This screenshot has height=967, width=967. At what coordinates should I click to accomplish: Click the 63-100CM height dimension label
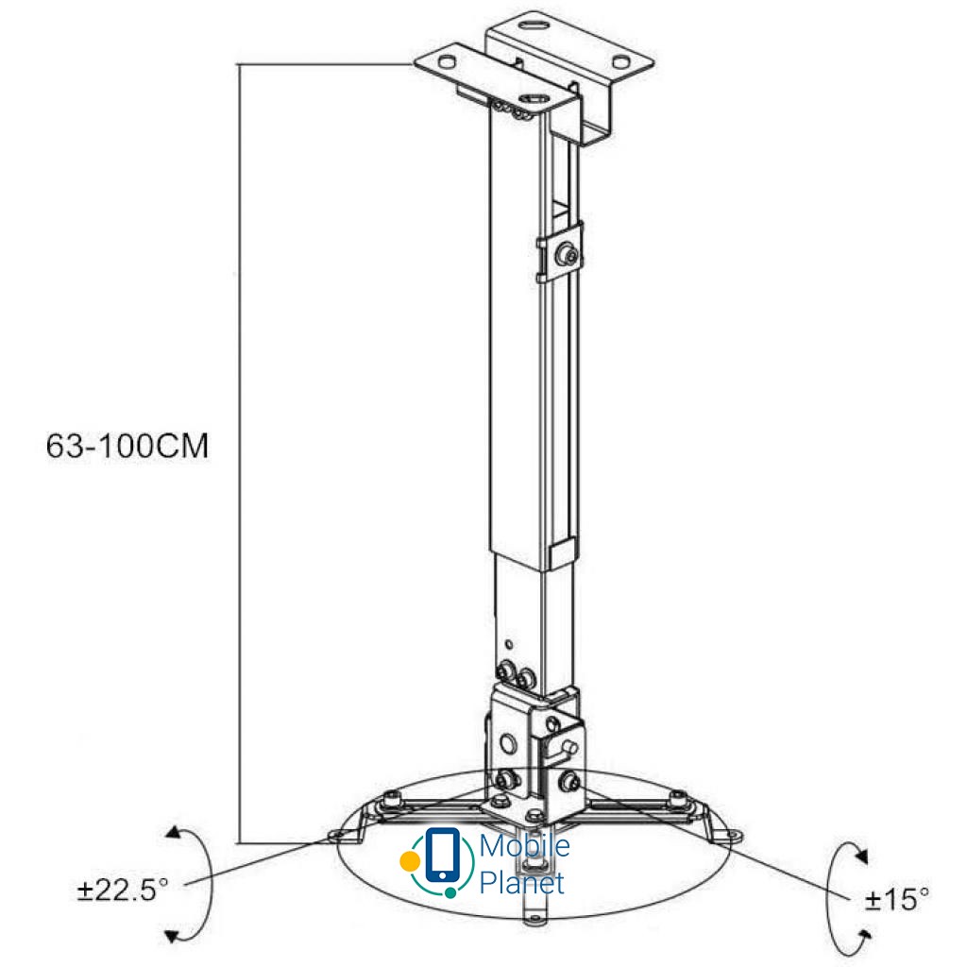coord(127,446)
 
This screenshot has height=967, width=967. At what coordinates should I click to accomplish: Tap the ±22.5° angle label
coord(123,890)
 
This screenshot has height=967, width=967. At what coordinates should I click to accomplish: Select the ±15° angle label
coord(897,899)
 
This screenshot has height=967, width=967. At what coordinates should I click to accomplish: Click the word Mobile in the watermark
coord(524,845)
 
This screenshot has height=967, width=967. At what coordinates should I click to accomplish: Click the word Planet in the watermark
coord(521,883)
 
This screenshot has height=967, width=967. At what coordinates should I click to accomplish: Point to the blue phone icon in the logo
coord(442,856)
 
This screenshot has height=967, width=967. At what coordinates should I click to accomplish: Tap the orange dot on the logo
coord(409,861)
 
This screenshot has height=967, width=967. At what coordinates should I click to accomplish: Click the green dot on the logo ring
coord(450,892)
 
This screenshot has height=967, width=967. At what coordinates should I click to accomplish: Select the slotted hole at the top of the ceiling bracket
coord(535,25)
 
